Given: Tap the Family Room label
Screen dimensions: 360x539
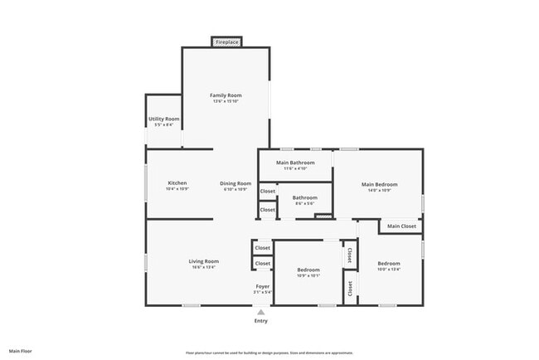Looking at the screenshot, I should click(x=226, y=95).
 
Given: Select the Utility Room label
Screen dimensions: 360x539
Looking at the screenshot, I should click(x=164, y=119).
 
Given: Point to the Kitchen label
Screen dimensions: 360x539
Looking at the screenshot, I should click(x=177, y=182).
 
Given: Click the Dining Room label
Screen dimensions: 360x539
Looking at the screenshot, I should click(x=236, y=183).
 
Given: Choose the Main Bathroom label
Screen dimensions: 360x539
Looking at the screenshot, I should click(x=295, y=163).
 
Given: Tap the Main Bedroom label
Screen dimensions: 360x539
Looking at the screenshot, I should click(x=379, y=183).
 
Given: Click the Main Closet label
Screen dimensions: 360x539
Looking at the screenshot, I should click(x=402, y=226).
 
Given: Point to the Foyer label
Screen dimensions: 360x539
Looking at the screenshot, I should click(x=262, y=286).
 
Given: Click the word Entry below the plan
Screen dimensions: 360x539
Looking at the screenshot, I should click(x=261, y=321).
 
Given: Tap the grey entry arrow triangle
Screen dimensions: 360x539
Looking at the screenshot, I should click(x=261, y=312).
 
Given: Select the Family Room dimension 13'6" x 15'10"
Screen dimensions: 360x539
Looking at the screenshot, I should click(x=226, y=101).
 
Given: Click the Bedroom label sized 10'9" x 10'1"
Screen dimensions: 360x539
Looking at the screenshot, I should click(x=308, y=270).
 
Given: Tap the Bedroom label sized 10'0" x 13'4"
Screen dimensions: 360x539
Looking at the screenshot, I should click(x=389, y=264).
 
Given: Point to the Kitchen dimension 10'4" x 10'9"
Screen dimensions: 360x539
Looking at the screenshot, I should click(x=177, y=188).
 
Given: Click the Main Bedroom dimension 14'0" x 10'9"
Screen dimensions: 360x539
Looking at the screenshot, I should click(x=379, y=189).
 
